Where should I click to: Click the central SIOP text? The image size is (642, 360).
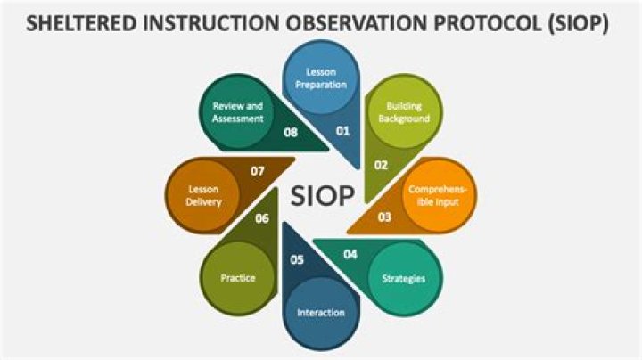pos(322,195)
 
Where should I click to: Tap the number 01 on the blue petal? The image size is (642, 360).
pos(342,131)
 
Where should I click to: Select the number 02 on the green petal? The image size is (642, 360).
pos(381,165)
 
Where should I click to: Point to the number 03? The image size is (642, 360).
pos(384,217)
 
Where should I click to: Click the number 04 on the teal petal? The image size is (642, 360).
pos(350,255)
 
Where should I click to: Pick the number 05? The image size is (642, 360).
pos(297,260)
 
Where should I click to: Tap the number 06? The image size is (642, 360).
pos(262,218)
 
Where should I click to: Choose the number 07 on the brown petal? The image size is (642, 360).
pos(257,170)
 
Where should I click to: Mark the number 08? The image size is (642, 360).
pos(291,132)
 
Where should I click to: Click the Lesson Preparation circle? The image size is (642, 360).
pos(321,78)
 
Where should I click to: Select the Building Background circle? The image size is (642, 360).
pos(404,112)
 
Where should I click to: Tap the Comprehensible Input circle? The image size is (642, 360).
pos(438,195)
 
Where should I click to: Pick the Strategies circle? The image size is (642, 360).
pos(404,279)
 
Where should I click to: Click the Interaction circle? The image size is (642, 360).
pos(321,313)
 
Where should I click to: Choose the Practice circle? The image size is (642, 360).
pos(238,279)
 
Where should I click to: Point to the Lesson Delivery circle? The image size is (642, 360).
pos(203,195)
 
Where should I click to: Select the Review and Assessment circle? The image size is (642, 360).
pos(238,112)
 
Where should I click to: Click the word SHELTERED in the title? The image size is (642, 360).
pos(81,24)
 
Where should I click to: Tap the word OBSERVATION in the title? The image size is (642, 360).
pos(356,24)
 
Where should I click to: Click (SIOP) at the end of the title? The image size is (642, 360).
pos(578,24)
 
